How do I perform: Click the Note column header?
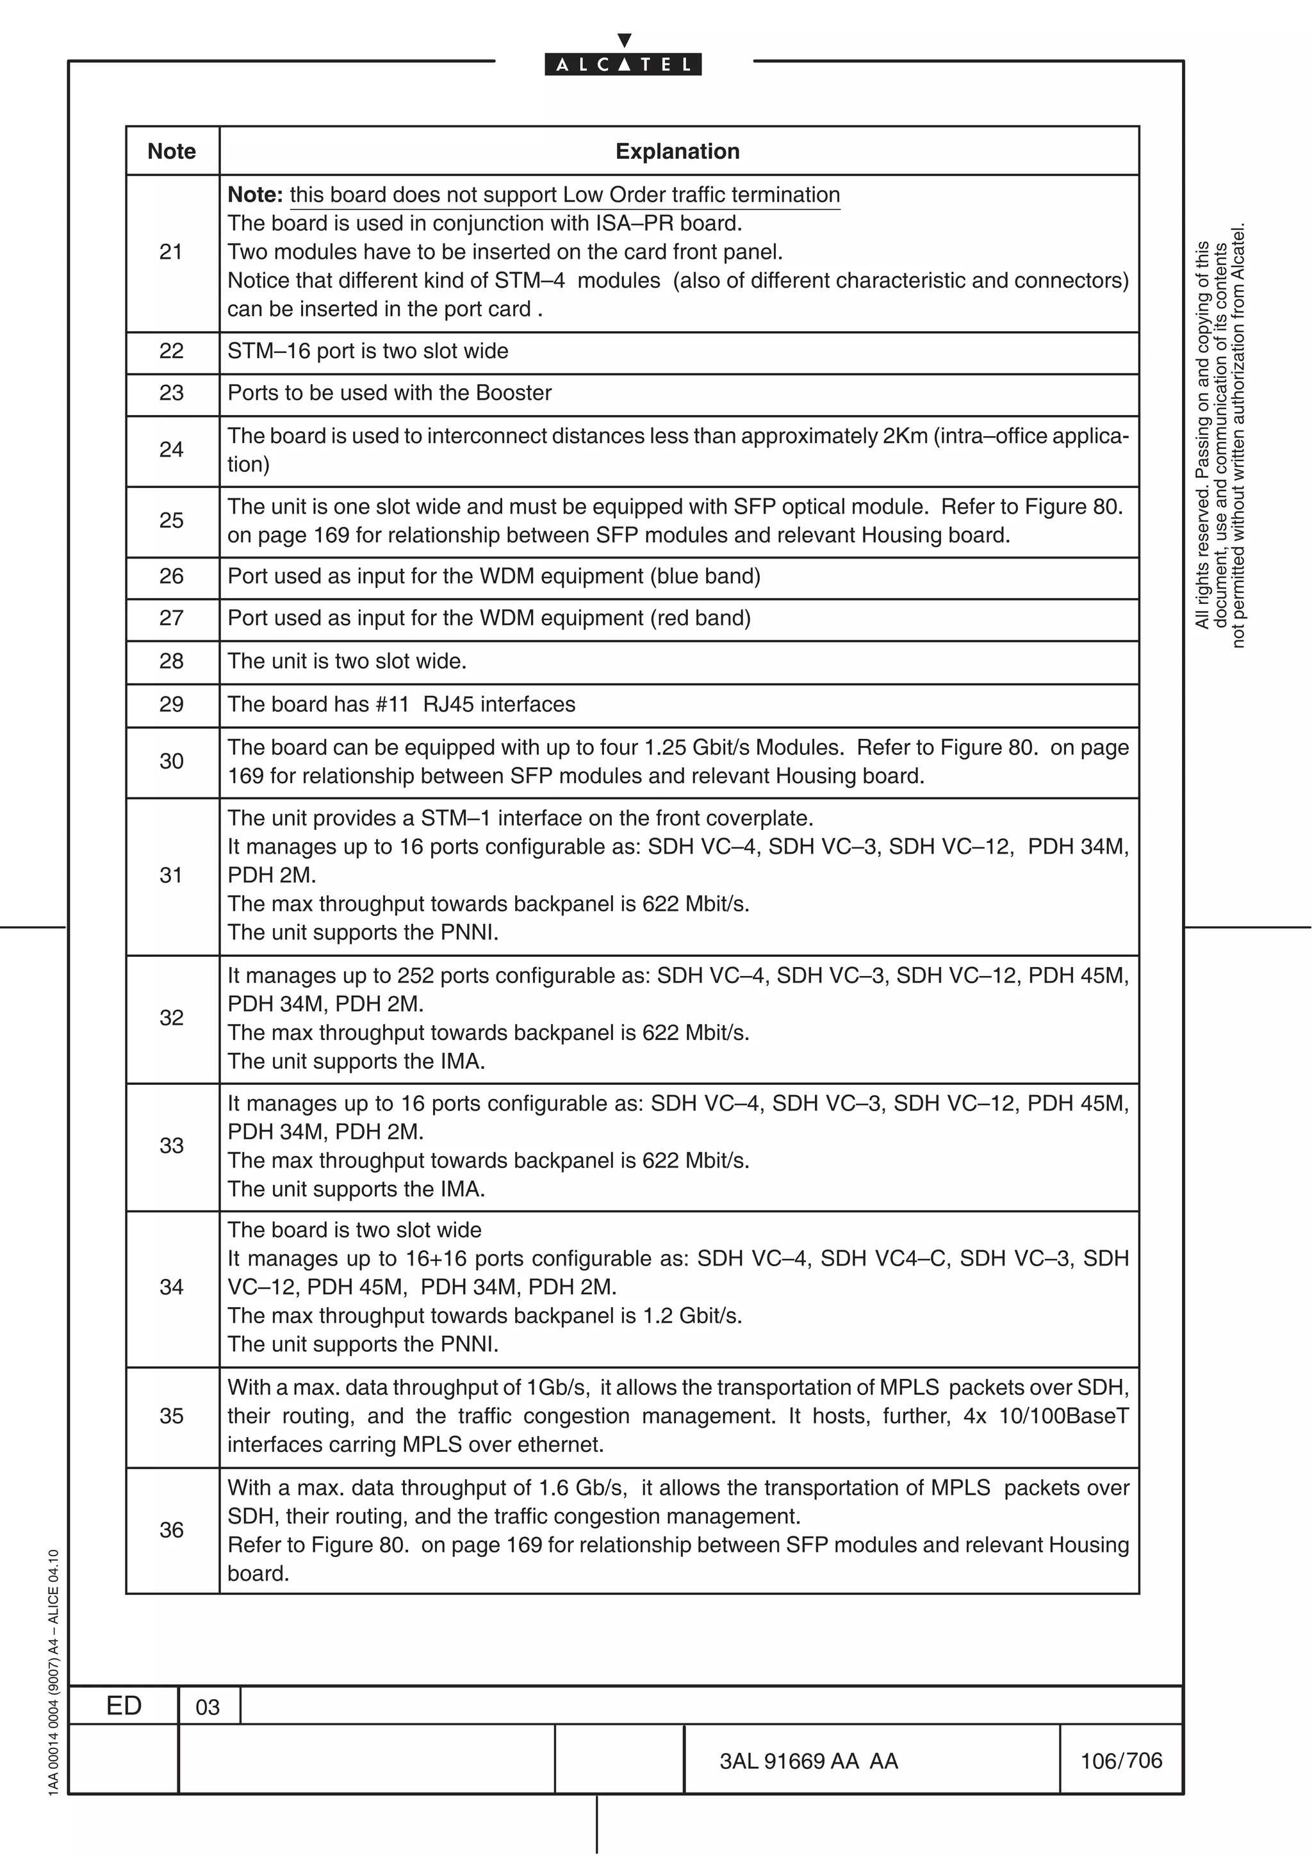pos(172,151)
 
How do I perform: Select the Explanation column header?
pos(677,151)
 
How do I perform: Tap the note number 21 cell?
pos(172,252)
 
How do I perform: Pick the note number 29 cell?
pos(172,704)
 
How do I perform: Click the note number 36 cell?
pos(172,1529)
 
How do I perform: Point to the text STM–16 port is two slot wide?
pos(368,351)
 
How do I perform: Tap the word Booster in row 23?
pos(513,393)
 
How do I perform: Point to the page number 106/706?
pos(1120,1761)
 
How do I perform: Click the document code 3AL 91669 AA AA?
pos(808,1761)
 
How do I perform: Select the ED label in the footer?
pos(124,1705)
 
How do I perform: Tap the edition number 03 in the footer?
pos(208,1707)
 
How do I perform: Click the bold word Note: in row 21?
pos(254,195)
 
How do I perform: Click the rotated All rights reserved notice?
pos(1219,435)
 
